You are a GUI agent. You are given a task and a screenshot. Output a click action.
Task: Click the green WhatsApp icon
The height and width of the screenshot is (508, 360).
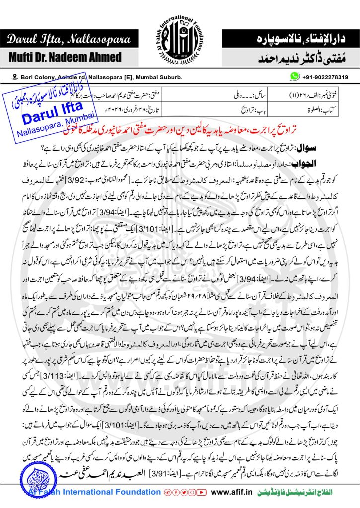coord(295,77)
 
